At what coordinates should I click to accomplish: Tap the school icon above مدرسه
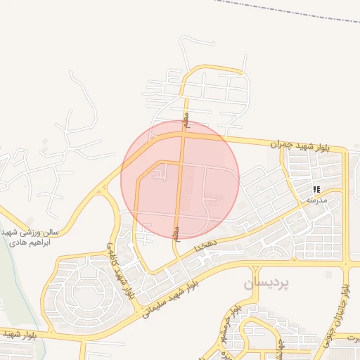pos(317,189)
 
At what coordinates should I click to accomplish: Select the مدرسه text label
pos(317,200)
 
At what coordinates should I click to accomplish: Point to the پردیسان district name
pos(267,283)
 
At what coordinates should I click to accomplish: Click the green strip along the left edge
pos(8,281)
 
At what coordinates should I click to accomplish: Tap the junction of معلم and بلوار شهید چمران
pos(184,134)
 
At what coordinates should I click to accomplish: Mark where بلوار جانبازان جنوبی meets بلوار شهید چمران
pos(345,150)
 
